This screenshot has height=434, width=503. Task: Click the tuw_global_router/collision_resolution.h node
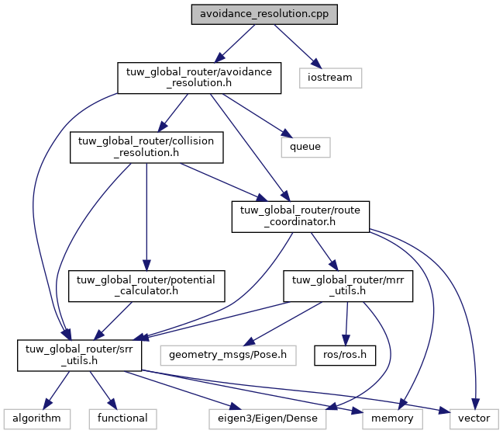[147, 146]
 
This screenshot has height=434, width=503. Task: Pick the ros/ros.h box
[344, 353]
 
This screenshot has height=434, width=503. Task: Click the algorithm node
[36, 418]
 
